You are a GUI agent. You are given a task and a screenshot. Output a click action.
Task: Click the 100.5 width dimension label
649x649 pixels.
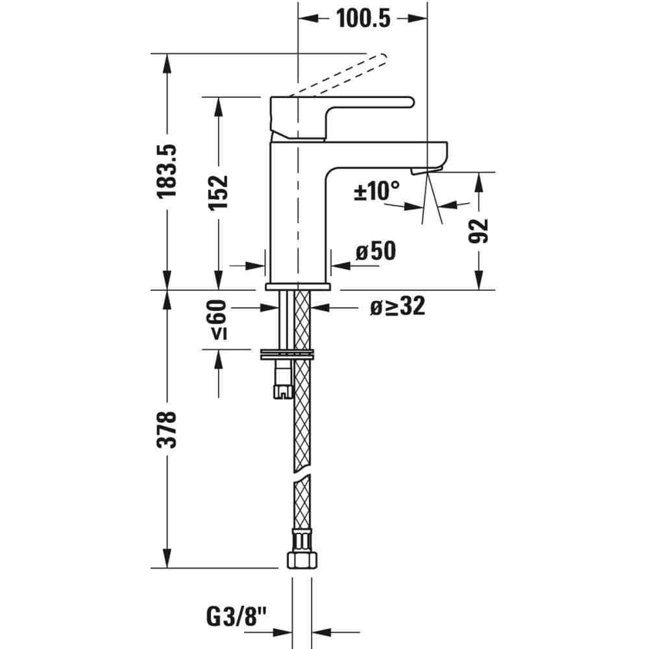coord(363,19)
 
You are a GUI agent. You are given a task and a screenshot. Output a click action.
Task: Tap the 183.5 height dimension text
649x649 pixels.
coord(167,171)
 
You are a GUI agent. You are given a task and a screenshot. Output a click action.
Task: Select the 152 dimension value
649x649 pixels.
coord(219,193)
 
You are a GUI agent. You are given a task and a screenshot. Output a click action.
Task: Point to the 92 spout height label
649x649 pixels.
coord(478,230)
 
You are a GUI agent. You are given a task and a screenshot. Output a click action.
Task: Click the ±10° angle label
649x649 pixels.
coord(377,190)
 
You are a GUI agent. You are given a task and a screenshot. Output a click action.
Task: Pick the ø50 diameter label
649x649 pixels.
coord(376,251)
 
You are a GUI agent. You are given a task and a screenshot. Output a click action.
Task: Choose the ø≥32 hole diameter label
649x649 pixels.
coord(398,307)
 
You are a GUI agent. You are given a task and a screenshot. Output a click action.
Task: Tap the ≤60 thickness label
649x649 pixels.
coord(219,319)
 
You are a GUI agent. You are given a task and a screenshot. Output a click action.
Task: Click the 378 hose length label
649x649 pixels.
coord(167,429)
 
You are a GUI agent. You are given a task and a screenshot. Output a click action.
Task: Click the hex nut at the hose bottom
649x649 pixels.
coord(302,559)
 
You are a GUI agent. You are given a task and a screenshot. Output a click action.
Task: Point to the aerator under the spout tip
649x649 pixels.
coord(426,170)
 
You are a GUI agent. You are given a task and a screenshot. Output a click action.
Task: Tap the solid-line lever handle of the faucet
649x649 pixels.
coord(342,118)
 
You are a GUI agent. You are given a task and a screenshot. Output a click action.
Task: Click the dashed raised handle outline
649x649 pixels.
coord(338,75)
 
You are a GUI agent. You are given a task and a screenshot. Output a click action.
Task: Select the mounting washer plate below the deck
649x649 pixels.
coord(287,354)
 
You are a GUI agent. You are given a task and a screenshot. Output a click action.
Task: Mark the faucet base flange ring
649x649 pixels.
coord(298,286)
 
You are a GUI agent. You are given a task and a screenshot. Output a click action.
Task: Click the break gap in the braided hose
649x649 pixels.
coord(302,473)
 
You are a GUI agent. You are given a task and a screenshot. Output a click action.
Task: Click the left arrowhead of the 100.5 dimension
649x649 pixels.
coord(308,19)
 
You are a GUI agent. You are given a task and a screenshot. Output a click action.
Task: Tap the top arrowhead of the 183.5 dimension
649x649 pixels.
coord(167,64)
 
